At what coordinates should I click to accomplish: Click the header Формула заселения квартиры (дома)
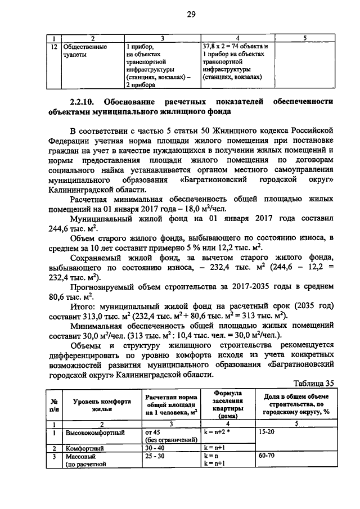[x=227, y=404]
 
